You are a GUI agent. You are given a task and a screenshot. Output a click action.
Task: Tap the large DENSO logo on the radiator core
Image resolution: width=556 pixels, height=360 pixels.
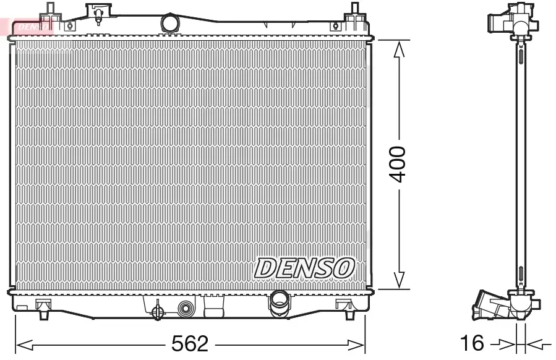point(304,267)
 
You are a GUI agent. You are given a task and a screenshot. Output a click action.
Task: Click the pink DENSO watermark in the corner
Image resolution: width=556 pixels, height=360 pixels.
point(28,26)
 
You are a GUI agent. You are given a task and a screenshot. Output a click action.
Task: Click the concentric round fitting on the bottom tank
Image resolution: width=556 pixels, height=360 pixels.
point(186,309)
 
